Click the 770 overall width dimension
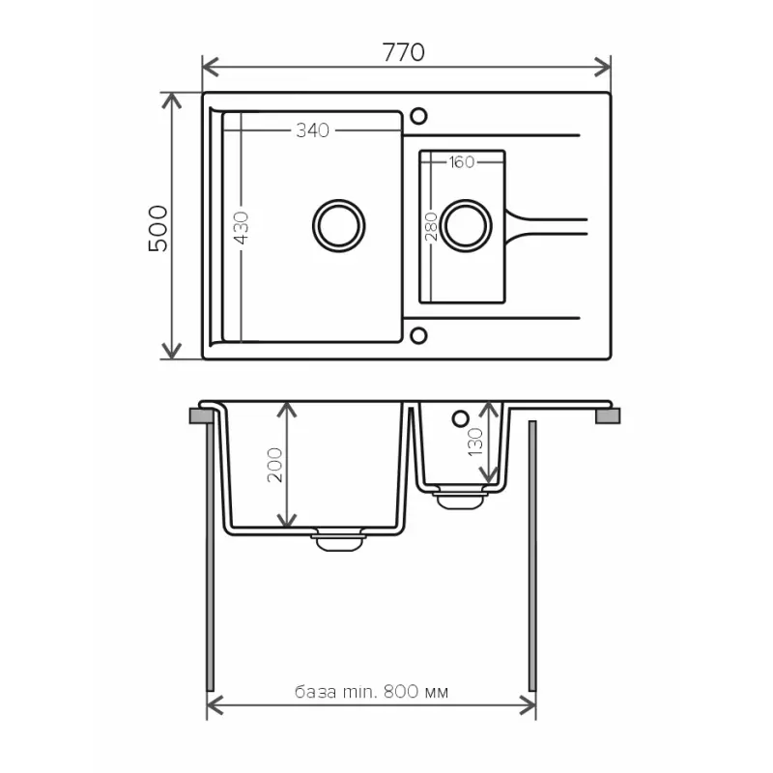point(405,52)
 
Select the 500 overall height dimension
point(157,228)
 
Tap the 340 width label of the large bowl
point(312,130)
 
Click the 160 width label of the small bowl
point(461,162)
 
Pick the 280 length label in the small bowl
point(432,226)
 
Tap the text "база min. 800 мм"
point(372,692)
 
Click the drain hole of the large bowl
point(339,224)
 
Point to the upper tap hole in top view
point(418,116)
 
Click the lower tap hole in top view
point(418,335)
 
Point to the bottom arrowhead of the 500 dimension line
point(172,352)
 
